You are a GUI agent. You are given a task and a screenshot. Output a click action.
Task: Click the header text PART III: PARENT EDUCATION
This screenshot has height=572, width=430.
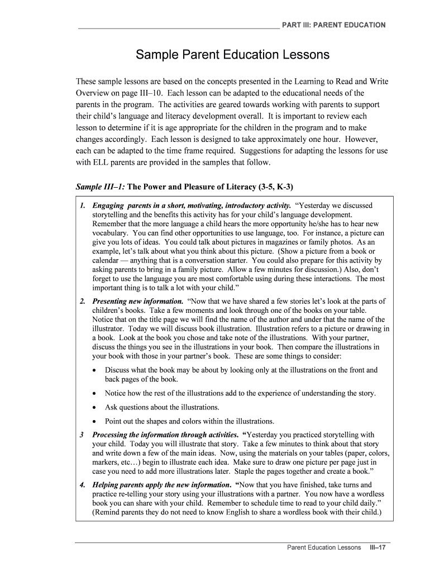tap(333, 25)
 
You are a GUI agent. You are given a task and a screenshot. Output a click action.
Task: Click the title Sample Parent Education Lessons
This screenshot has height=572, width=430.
tap(233, 55)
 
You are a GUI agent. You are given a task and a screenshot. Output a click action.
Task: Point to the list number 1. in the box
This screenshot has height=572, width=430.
tap(82, 206)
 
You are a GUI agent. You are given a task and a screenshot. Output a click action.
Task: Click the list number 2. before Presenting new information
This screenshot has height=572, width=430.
tap(82, 302)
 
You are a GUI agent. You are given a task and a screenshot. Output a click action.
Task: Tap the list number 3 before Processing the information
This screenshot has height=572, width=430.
tap(82, 435)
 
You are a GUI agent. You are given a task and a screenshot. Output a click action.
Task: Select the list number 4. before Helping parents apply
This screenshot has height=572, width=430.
tap(82, 485)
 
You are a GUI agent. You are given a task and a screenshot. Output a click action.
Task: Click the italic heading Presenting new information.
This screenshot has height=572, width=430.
tap(137, 302)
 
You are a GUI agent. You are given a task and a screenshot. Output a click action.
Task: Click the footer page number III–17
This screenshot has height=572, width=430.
tap(377, 547)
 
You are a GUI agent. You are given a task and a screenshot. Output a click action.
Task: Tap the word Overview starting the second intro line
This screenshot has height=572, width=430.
tap(94, 93)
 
